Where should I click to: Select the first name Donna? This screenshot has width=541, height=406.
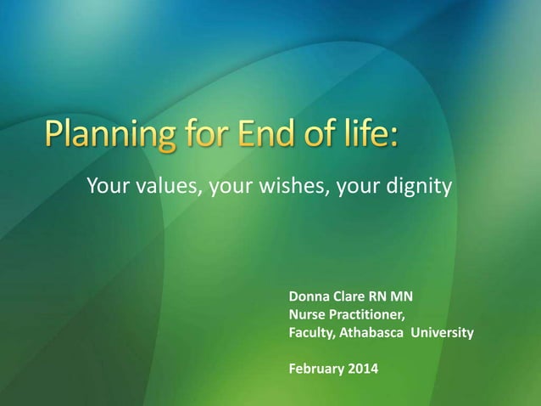coord(310,297)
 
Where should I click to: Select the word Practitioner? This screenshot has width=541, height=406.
coord(368,315)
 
